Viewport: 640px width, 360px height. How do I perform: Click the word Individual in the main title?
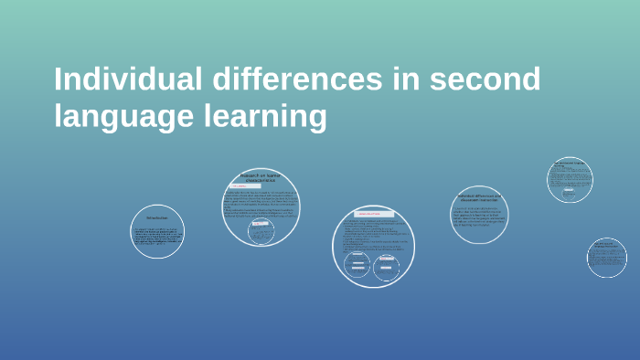[x=127, y=80]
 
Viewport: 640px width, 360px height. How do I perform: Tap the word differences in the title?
[x=297, y=80]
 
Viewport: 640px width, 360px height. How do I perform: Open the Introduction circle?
[x=157, y=231]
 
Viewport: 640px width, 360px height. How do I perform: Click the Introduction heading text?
[x=157, y=217]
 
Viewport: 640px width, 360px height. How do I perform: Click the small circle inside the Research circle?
[x=261, y=233]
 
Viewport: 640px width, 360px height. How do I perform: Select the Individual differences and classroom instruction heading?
[x=479, y=197]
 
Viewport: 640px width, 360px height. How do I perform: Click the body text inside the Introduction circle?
[x=157, y=238]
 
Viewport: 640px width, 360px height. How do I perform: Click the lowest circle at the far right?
[x=606, y=257]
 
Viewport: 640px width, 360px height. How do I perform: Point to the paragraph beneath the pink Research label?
[x=261, y=204]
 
